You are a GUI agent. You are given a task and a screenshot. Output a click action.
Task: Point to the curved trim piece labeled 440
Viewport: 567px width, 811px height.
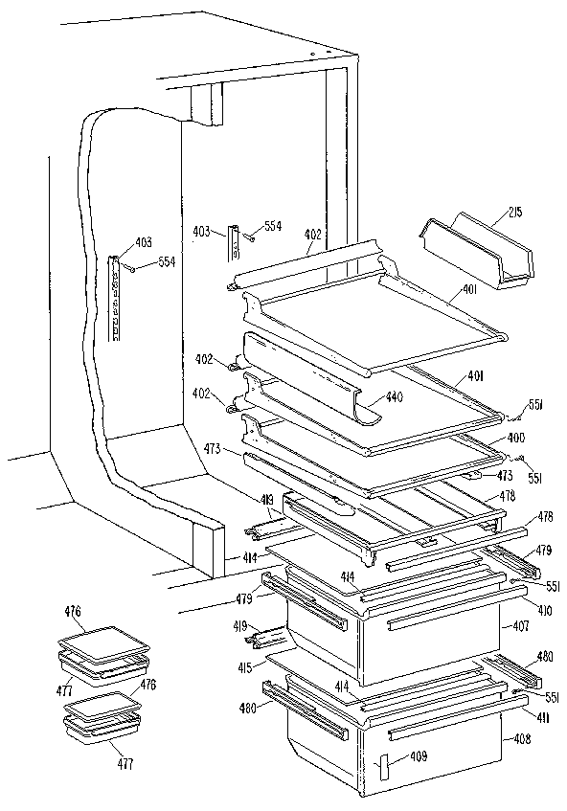pos(306,378)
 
